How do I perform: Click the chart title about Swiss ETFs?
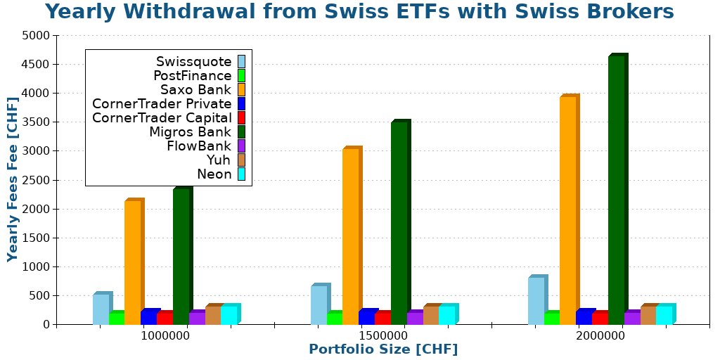click(359, 12)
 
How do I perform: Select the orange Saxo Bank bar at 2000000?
click(568, 210)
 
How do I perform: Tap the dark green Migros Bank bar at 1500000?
click(399, 223)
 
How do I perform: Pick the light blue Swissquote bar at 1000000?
click(101, 309)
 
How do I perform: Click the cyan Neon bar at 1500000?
click(447, 315)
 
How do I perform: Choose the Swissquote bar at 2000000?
click(536, 301)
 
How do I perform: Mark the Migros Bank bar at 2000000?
click(616, 190)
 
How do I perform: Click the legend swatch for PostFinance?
click(241, 75)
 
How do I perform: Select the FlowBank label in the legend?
click(199, 146)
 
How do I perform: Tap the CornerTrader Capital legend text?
click(162, 117)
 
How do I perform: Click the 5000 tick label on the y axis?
click(36, 35)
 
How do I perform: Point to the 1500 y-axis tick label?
click(36, 238)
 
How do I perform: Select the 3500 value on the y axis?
click(36, 122)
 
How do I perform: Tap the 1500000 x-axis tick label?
click(383, 336)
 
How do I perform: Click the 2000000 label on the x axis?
click(600, 336)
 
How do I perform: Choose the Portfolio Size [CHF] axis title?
click(383, 349)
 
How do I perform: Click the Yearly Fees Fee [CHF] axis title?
click(13, 179)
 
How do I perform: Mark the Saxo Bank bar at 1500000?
click(350, 236)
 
